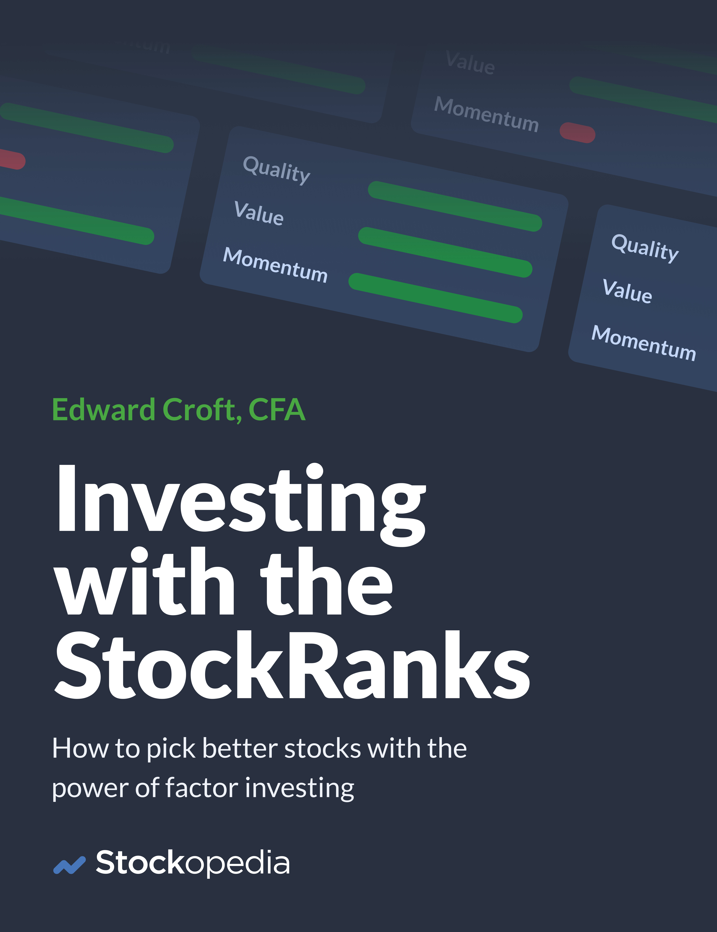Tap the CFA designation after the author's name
coord(277,410)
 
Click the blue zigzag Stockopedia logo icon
coord(69,865)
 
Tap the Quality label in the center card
coord(277,170)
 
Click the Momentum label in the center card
coord(275,265)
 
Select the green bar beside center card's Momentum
coord(435,298)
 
